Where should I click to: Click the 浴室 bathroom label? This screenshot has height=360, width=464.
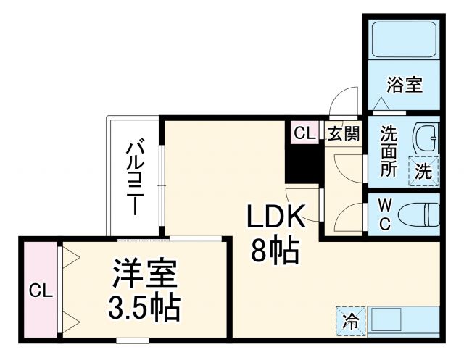(x=405, y=85)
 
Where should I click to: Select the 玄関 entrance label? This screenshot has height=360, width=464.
(x=342, y=133)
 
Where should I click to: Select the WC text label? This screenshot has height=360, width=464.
(x=385, y=215)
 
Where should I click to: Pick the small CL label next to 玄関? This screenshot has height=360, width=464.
(x=304, y=133)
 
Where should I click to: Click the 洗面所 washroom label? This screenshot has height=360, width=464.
(x=389, y=151)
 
